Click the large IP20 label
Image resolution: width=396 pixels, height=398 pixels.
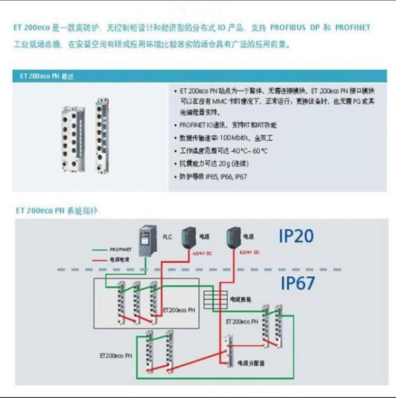click(x=296, y=236)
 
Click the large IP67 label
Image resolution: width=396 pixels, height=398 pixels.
click(x=297, y=283)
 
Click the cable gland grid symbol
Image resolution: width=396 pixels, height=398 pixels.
click(x=216, y=300)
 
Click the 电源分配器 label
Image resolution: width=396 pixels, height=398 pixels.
click(x=251, y=363)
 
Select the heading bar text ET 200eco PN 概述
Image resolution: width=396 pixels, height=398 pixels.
click(x=47, y=76)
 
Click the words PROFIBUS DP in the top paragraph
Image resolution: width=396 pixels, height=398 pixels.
click(x=288, y=27)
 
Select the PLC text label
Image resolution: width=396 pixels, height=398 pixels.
click(x=167, y=237)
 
